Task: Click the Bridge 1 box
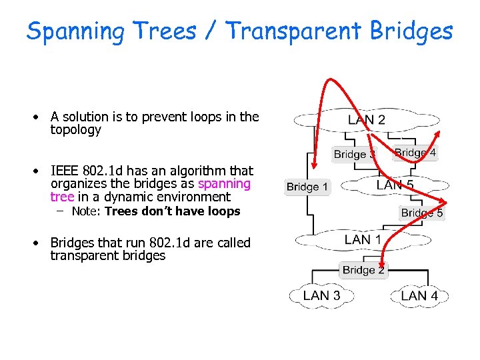(307, 187)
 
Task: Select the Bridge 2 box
(363, 270)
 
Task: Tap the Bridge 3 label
(355, 154)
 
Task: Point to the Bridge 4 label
(415, 153)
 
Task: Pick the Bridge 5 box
(421, 213)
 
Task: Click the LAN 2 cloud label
(366, 120)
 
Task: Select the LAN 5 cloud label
(395, 185)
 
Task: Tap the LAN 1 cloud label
(363, 239)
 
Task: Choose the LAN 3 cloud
(321, 295)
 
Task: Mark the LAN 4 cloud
(419, 295)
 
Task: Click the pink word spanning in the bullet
(224, 183)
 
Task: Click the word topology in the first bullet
(75, 130)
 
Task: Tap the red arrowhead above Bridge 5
(443, 203)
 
